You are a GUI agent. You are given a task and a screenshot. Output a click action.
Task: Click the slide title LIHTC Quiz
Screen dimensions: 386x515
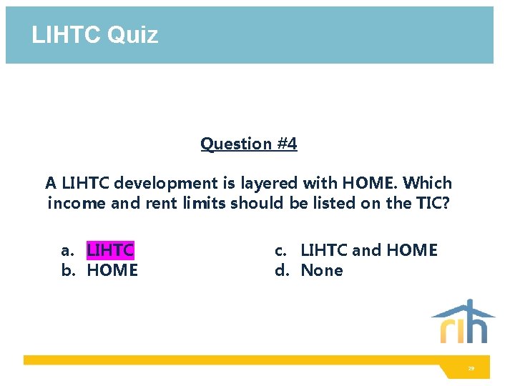point(94,34)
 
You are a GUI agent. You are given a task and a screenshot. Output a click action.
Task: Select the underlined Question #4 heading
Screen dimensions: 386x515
point(248,144)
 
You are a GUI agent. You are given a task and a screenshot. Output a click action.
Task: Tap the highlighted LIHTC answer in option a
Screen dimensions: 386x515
point(110,250)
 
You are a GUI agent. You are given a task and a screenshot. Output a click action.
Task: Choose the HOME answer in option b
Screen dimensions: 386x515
point(112,270)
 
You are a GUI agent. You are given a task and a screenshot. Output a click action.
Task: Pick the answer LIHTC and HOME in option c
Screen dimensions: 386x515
point(368,250)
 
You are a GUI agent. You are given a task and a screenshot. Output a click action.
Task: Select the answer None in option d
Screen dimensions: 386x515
point(322,270)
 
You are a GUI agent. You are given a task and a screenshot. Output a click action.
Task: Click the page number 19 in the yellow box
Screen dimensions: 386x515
point(471,369)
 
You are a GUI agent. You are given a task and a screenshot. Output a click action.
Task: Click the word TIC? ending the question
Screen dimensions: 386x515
point(431,203)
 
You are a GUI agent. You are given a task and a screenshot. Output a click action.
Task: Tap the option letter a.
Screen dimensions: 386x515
point(67,250)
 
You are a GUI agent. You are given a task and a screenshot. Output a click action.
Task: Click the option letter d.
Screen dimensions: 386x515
point(281,270)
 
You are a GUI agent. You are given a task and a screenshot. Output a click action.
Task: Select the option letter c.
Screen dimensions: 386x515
point(281,250)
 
